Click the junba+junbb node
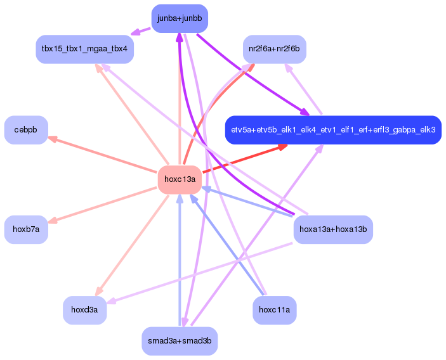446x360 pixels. (180, 18)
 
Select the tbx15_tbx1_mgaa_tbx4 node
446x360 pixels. (84, 49)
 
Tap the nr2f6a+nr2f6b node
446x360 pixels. (275, 49)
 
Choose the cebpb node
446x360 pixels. (26, 130)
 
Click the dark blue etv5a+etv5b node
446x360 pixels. (333, 130)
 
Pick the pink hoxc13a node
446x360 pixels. (180, 179)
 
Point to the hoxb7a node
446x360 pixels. (26, 229)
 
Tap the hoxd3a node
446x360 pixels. (84, 310)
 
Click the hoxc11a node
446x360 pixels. (275, 310)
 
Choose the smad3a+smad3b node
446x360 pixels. (180, 341)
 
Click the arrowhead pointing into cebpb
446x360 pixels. (53, 139)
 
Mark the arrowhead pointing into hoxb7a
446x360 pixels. (53, 221)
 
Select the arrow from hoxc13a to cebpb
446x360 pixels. (105, 155)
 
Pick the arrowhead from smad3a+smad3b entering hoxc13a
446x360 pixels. (180, 198)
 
